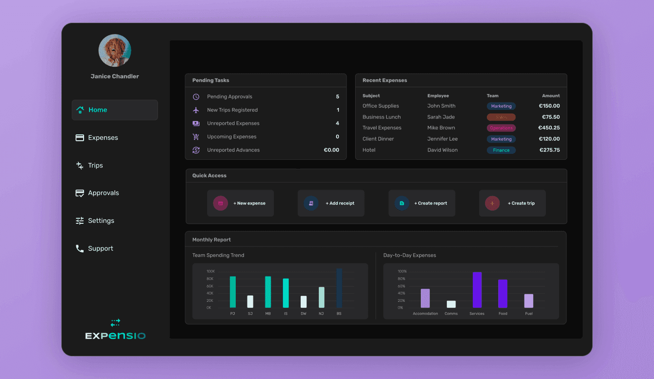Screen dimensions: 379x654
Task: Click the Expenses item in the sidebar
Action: point(103,138)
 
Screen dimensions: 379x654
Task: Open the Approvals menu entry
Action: point(103,193)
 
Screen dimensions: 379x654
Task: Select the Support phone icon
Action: point(79,248)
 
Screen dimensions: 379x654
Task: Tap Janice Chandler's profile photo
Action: point(114,50)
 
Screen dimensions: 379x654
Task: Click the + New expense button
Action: point(240,203)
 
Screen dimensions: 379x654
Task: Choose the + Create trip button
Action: point(512,203)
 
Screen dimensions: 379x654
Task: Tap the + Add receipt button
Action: point(331,203)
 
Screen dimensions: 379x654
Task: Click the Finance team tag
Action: point(501,150)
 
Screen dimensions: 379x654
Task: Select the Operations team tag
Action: point(501,128)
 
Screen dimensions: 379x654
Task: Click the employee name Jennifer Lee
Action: point(442,139)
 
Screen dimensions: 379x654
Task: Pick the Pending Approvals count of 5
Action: point(337,97)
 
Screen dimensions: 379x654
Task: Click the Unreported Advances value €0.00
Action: point(331,150)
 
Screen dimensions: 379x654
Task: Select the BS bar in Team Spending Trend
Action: point(339,288)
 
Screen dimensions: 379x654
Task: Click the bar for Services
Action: point(477,290)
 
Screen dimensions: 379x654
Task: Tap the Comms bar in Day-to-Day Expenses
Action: point(451,304)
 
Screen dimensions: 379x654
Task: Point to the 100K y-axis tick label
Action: point(210,272)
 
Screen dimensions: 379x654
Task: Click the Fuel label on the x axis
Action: point(529,314)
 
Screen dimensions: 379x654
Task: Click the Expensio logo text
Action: point(115,336)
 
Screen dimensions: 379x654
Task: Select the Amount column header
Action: point(550,96)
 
